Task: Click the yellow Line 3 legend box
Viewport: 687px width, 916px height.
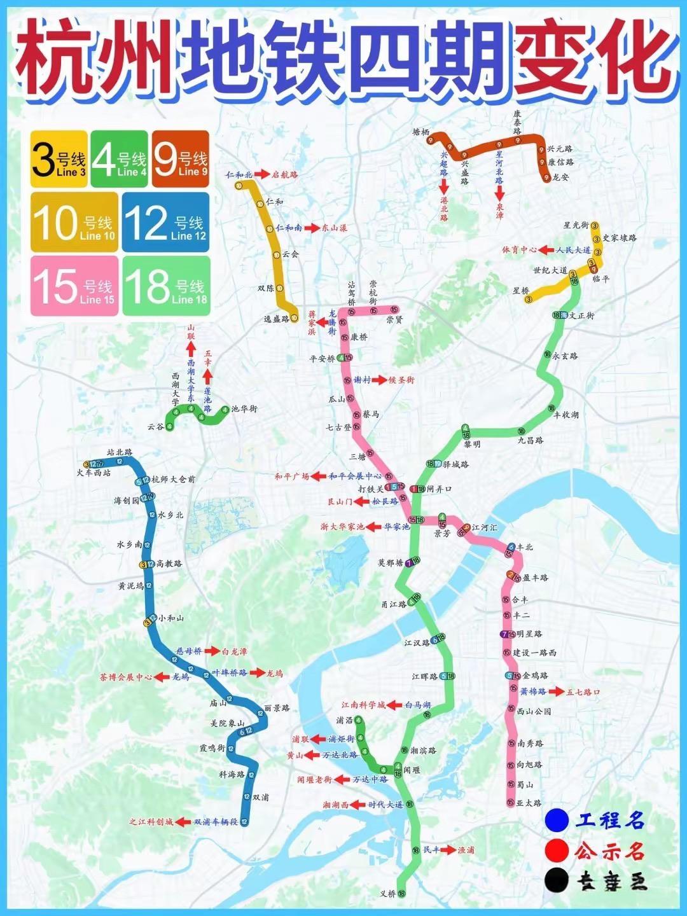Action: coord(59,159)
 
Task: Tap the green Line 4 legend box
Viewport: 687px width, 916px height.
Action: coord(119,159)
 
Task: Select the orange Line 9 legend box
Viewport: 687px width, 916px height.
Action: coord(181,159)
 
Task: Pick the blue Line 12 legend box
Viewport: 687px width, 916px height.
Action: coord(165,223)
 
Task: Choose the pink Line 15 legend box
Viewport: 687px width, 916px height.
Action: coord(74,286)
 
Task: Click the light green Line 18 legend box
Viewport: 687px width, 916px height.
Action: coord(166,286)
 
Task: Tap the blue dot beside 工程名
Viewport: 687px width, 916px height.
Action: coord(557,820)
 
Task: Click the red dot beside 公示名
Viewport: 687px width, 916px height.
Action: coord(557,850)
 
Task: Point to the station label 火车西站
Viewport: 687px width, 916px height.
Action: coord(94,473)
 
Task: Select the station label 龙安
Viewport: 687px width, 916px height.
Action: coord(560,177)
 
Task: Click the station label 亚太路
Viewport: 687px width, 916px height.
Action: coord(529,803)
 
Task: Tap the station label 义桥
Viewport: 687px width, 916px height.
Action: coord(388,894)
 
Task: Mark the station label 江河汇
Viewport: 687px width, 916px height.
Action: coord(485,528)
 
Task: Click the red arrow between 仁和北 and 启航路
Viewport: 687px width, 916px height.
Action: coord(262,174)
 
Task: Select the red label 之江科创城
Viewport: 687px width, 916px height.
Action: coord(151,822)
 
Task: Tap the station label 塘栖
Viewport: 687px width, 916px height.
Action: coord(421,132)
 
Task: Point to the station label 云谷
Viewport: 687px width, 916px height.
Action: coord(155,427)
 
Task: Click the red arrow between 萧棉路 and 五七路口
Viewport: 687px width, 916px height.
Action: coord(556,691)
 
